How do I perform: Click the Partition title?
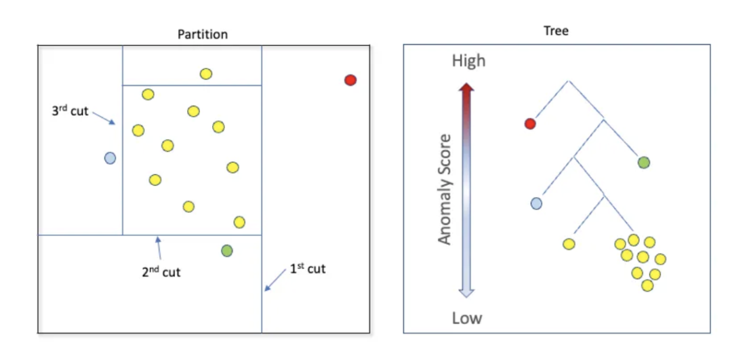coord(203,34)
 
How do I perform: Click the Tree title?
coord(556,31)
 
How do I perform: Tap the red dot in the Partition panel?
coord(350,80)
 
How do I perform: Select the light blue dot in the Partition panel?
coord(110,158)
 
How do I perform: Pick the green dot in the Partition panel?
coord(227,251)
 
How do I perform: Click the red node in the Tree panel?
coord(530,123)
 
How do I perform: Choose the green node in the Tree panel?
coord(644,162)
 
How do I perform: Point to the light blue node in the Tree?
coord(536,203)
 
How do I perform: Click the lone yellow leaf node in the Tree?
coord(569,244)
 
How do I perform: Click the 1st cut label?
coord(308,269)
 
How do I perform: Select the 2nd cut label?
coord(161,273)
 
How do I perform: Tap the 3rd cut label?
coord(70,111)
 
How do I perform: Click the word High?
coord(468,61)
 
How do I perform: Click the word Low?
coord(467,318)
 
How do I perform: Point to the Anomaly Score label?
coord(445,189)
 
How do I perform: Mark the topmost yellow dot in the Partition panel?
coord(206,74)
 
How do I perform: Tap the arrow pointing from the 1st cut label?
coord(275,281)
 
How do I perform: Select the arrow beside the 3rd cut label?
coord(104,118)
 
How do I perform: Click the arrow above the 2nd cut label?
coord(159,247)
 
